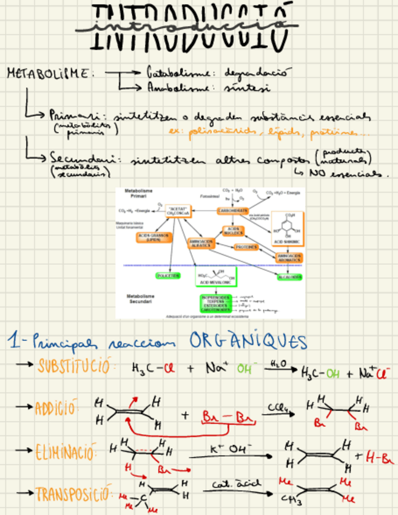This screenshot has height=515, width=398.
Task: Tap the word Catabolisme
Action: coord(172,72)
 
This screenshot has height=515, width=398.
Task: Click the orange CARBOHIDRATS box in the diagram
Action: coord(233,211)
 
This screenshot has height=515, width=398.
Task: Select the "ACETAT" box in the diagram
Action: coord(180,212)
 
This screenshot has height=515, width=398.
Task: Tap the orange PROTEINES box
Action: coord(246,247)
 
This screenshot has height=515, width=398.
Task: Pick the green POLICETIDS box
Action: coord(168,276)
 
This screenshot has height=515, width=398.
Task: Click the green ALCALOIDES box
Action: coord(289,277)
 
